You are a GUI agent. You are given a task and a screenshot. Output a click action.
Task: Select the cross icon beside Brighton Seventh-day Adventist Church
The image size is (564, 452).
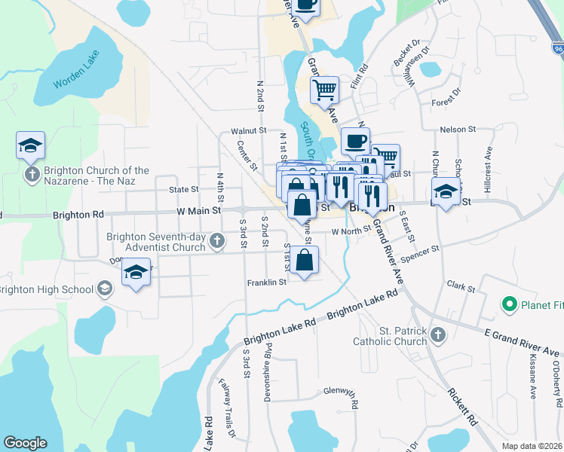tap(217, 241)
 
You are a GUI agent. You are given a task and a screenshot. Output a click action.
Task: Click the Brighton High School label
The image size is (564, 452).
tap(45, 289)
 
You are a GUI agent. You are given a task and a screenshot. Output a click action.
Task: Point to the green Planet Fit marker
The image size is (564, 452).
tap(509, 304)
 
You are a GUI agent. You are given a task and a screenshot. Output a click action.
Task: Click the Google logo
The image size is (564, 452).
tap(25, 443)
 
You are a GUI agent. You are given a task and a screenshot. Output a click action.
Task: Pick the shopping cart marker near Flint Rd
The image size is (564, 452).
tap(324, 89)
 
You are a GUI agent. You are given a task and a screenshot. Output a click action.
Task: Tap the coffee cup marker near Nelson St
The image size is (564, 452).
tap(355, 140)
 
